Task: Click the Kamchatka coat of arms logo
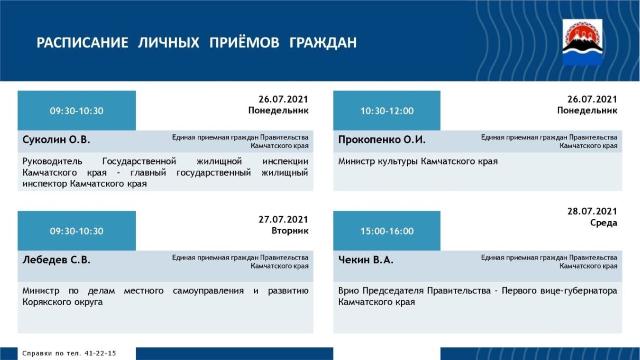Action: tap(582, 42)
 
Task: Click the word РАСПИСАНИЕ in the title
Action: tap(83, 43)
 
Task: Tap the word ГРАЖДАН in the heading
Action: tap(323, 43)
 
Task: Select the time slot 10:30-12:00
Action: tap(387, 111)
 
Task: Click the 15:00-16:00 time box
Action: tap(387, 231)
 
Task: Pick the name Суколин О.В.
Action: tap(56, 140)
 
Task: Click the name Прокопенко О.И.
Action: tap(382, 140)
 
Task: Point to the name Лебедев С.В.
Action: tap(56, 260)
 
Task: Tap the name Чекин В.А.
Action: tap(365, 260)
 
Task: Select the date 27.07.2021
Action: tap(284, 219)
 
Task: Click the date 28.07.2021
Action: tap(592, 211)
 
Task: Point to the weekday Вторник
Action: tap(290, 230)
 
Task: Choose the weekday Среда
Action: tap(604, 223)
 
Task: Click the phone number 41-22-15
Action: tap(100, 354)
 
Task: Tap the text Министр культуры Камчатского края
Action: tap(418, 162)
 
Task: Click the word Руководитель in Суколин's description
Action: tap(52, 162)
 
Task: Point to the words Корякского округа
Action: tap(62, 302)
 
